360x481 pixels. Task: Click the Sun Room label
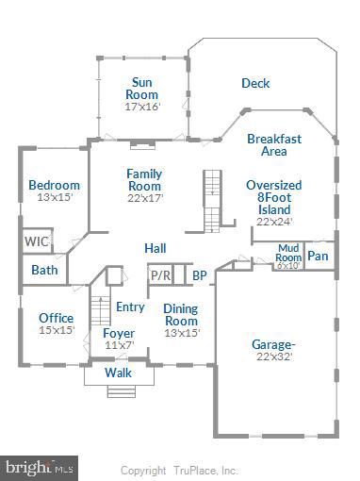(x=144, y=93)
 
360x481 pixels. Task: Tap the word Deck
(x=254, y=83)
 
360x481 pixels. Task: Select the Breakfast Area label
(x=273, y=144)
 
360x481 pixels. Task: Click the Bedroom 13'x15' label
(x=54, y=191)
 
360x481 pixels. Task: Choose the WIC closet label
(x=37, y=241)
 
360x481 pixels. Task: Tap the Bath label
(x=44, y=270)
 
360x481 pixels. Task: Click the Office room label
(x=56, y=323)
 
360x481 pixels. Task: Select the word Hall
(x=155, y=247)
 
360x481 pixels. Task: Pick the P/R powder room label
(x=160, y=275)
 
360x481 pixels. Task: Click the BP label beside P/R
(x=199, y=275)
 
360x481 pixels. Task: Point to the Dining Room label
(x=180, y=320)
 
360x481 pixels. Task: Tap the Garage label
(x=273, y=350)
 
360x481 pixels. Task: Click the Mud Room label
(x=286, y=255)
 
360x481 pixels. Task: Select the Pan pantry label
(x=319, y=255)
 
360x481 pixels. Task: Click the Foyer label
(x=119, y=339)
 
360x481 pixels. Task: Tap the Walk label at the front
(x=118, y=373)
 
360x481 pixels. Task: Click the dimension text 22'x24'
(x=273, y=223)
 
